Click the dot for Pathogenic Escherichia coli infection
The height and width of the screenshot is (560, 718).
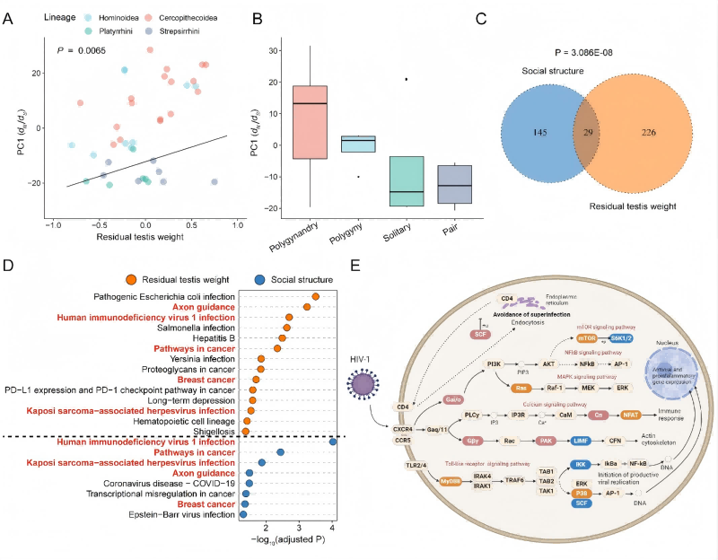315,296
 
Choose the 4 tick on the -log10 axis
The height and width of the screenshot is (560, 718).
333,529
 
